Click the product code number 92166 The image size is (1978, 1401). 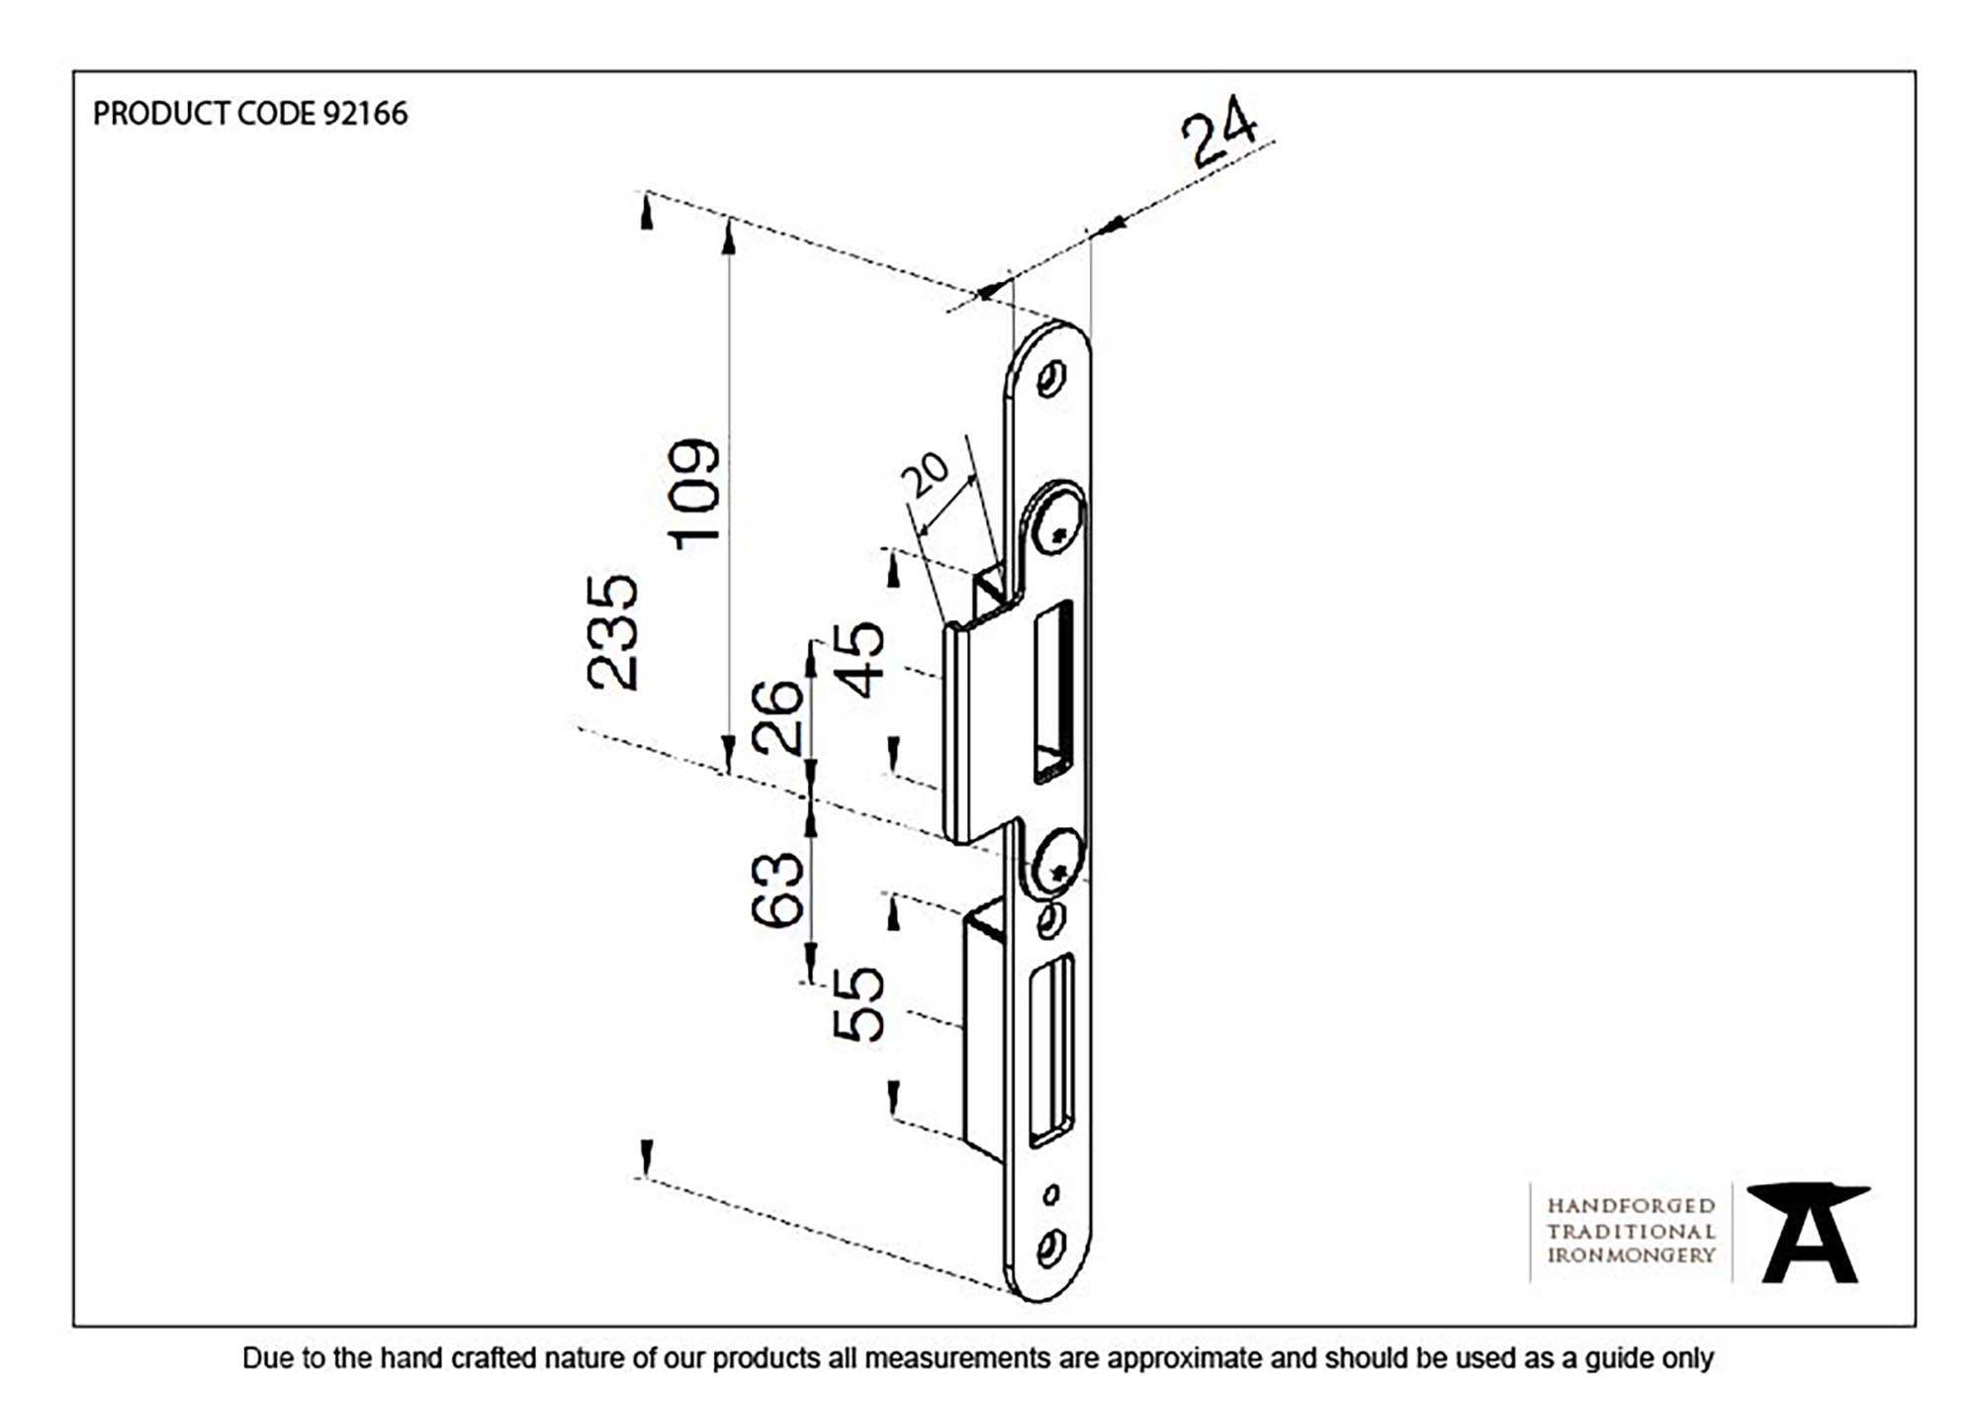click(365, 114)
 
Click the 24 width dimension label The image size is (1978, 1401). click(1219, 131)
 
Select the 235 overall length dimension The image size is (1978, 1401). click(612, 632)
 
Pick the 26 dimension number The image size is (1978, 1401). click(777, 716)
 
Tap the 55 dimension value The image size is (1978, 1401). click(857, 1003)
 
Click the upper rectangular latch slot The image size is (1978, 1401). click(1053, 691)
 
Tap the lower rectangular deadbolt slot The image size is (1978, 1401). click(1051, 1050)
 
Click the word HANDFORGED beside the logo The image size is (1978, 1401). click(1631, 1206)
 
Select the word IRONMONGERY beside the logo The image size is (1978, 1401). click(1631, 1255)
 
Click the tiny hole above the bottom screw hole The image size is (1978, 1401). click(1050, 1195)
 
